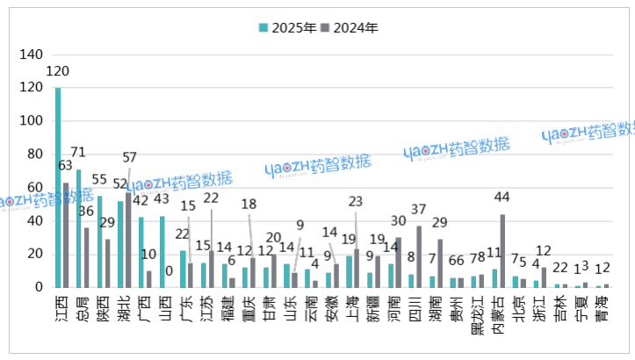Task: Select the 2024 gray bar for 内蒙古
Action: click(x=502, y=251)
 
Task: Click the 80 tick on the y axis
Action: click(x=35, y=155)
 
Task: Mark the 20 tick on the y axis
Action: click(x=35, y=254)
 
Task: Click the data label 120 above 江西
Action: click(x=60, y=71)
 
